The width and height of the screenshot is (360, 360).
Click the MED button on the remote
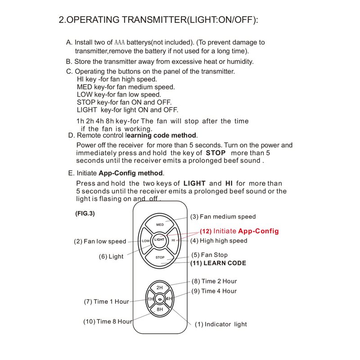pyautogui.click(x=160, y=224)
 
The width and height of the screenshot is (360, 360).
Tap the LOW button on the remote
pyautogui.click(x=145, y=241)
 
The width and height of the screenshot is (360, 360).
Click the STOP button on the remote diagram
pyautogui.click(x=160, y=257)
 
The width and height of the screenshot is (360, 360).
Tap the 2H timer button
pyautogui.click(x=160, y=287)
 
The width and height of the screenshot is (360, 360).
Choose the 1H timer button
pyautogui.click(x=151, y=299)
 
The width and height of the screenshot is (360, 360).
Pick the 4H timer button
pyautogui.click(x=169, y=299)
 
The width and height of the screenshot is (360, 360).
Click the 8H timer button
pyautogui.click(x=160, y=310)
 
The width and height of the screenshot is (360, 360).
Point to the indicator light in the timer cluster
pyautogui.click(x=160, y=299)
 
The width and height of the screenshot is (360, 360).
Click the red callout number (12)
pyautogui.click(x=206, y=231)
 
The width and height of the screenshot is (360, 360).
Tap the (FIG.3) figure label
pyautogui.click(x=85, y=214)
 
